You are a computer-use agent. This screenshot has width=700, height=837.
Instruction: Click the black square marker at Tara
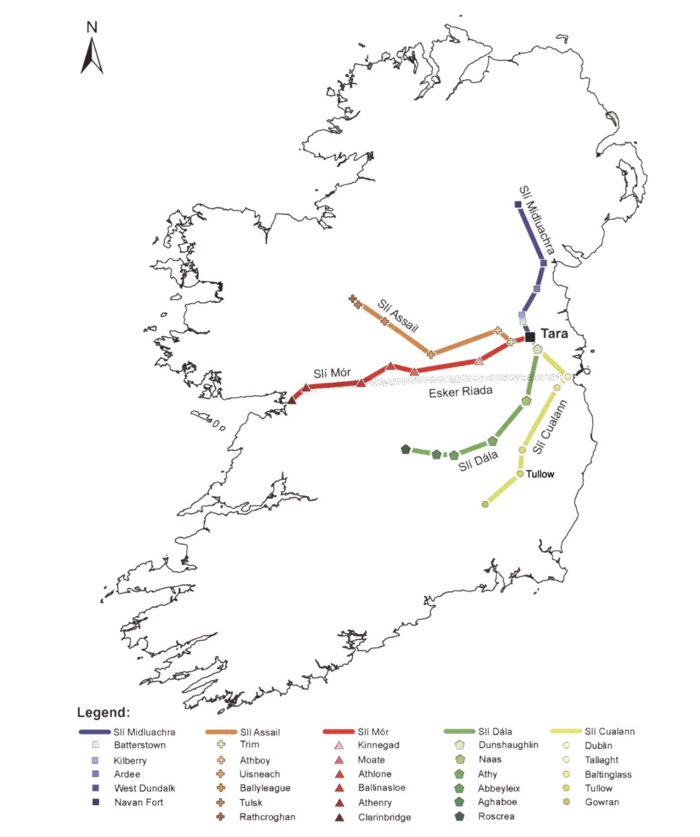point(530,337)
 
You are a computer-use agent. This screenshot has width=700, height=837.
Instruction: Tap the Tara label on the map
point(554,334)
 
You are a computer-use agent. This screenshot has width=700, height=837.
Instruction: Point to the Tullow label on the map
point(540,474)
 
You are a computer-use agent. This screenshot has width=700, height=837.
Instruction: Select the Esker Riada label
point(461,392)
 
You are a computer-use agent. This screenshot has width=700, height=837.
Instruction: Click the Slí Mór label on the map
point(332,373)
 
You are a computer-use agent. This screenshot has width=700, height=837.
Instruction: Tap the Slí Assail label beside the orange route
point(397,315)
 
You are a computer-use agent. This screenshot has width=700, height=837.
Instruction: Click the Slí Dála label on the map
point(478,461)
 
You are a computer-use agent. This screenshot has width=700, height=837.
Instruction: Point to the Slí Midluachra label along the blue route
point(537,220)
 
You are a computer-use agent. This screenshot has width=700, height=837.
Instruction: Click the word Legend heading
point(103,712)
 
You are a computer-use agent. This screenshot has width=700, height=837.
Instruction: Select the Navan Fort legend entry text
point(139,802)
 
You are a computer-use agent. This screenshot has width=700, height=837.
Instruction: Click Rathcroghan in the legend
point(267,816)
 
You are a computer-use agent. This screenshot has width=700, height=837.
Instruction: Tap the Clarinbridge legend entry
point(384,817)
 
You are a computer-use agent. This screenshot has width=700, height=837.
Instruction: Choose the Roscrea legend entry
point(496,816)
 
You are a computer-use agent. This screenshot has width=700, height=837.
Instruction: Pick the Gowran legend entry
point(602,802)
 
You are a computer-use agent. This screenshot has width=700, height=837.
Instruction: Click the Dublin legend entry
point(598,745)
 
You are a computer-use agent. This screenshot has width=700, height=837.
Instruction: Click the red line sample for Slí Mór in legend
point(339,731)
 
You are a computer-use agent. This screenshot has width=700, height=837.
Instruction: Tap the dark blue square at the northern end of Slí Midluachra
point(517,204)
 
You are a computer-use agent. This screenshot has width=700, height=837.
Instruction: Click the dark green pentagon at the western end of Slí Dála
point(406,449)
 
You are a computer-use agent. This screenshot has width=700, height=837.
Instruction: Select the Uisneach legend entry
point(259,774)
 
